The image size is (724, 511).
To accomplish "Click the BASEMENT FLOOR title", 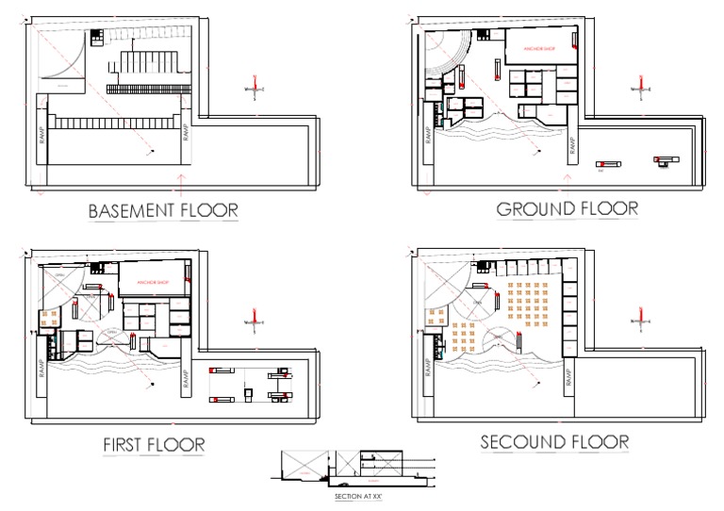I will tap(162, 210).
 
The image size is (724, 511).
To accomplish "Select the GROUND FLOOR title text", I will tap(567, 208).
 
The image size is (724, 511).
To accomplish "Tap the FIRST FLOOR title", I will tap(155, 443).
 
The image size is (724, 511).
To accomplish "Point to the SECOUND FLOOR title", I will tap(554, 441).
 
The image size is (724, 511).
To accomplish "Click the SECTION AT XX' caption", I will tap(359, 495).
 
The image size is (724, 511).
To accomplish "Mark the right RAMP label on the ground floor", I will tap(571, 145).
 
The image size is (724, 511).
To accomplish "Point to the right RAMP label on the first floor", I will tap(187, 375).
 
